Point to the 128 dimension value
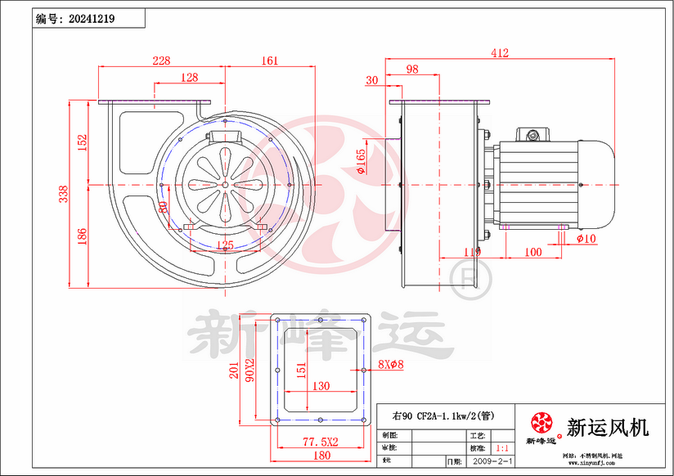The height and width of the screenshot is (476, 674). pyautogui.click(x=189, y=78)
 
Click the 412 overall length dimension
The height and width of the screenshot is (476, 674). pyautogui.click(x=500, y=53)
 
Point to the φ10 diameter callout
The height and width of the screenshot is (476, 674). pyautogui.click(x=587, y=239)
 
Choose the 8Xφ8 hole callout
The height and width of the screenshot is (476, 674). pyautogui.click(x=390, y=364)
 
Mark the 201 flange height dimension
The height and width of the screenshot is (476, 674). pyautogui.click(x=232, y=372)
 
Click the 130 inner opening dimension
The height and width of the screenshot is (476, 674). pyautogui.click(x=321, y=386)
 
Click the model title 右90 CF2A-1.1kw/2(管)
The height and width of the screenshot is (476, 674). pyautogui.click(x=443, y=415)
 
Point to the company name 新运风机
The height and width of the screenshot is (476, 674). pyautogui.click(x=607, y=427)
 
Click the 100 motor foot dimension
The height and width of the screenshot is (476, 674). pyautogui.click(x=532, y=253)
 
